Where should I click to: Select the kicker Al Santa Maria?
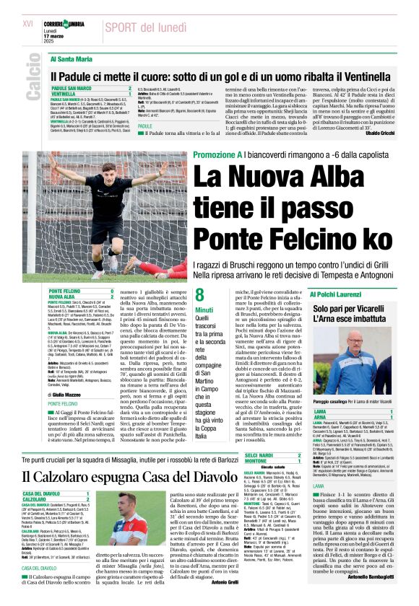click(x=72, y=58)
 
